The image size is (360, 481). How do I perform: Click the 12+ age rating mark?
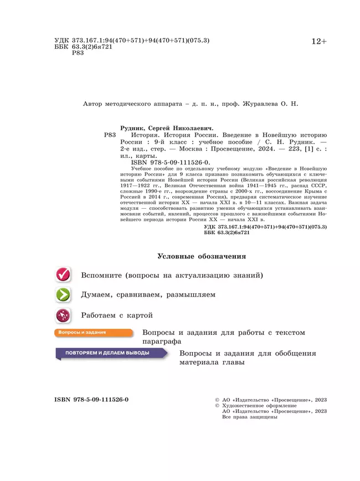[x=319, y=42]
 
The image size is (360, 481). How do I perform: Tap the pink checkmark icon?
[x=63, y=275]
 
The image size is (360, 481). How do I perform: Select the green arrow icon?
[x=63, y=294]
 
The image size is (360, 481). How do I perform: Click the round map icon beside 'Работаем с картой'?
[x=63, y=316]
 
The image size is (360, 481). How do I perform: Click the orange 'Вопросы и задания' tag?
[x=94, y=333]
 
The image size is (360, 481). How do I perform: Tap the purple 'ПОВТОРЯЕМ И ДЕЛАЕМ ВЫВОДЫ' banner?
[x=111, y=353]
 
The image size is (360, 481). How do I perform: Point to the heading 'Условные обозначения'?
[x=202, y=257]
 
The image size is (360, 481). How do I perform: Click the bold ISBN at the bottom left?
[x=91, y=399]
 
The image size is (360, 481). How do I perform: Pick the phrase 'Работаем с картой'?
[x=117, y=316]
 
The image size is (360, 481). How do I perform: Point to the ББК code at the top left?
[x=84, y=47]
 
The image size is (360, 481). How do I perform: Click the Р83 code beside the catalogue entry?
[x=110, y=135]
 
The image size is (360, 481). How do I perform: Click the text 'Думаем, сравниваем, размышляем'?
[x=148, y=295]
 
